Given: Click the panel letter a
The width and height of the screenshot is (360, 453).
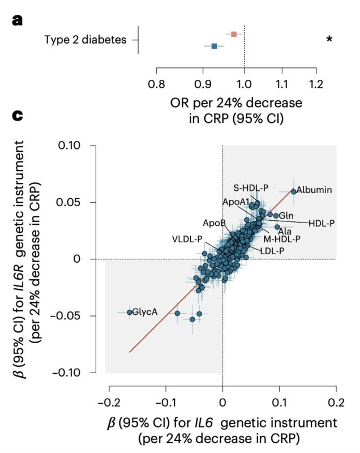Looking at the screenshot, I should pyautogui.click(x=18, y=22).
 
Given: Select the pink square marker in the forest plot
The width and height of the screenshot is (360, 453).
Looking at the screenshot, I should pyautogui.click(x=233, y=34).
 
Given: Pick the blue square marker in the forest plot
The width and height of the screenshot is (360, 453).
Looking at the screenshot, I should pyautogui.click(x=214, y=46).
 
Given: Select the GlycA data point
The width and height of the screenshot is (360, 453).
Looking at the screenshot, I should pyautogui.click(x=130, y=312).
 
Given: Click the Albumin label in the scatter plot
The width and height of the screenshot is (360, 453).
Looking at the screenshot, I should pyautogui.click(x=314, y=190).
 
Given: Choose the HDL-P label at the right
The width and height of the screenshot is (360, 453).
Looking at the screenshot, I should pyautogui.click(x=322, y=223).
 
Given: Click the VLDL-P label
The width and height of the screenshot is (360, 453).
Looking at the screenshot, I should pyautogui.click(x=187, y=238).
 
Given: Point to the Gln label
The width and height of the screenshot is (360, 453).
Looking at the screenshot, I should pyautogui.click(x=286, y=216).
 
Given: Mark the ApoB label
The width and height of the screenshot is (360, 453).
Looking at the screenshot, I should pyautogui.click(x=215, y=223).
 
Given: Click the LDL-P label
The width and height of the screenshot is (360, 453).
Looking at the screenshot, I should pyautogui.click(x=272, y=250).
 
